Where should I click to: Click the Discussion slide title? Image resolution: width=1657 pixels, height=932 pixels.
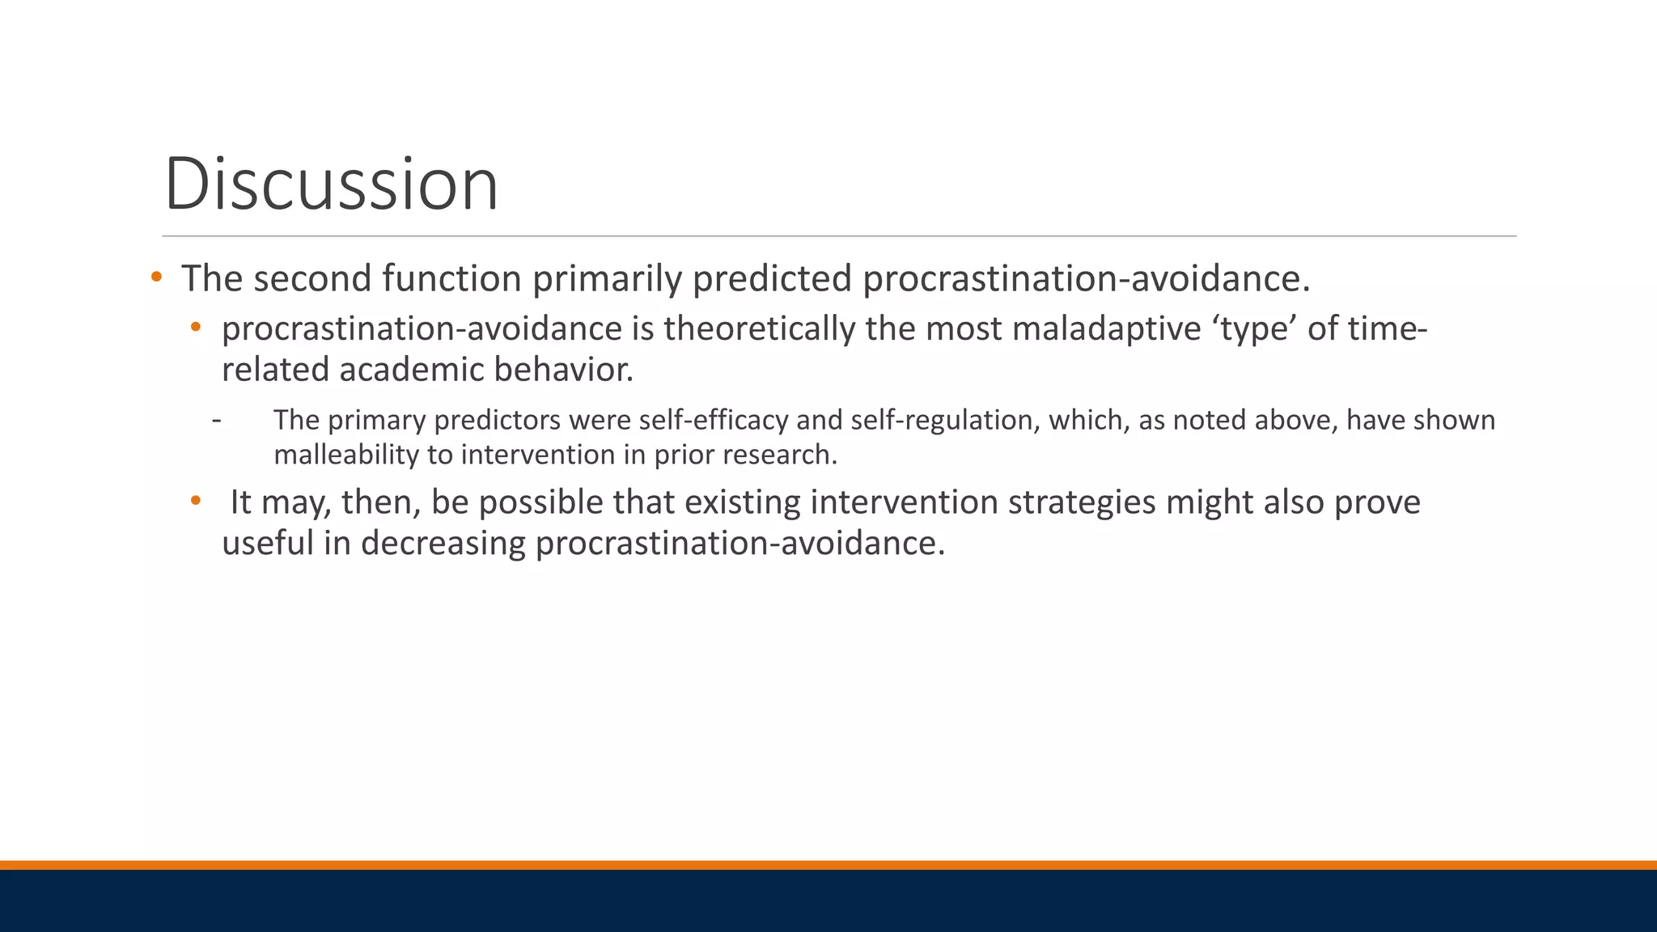click(331, 184)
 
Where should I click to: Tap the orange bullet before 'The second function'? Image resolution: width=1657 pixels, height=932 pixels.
click(156, 277)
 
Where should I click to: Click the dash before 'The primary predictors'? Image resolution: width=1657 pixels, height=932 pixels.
click(216, 420)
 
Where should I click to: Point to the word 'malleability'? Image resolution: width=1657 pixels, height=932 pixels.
click(345, 455)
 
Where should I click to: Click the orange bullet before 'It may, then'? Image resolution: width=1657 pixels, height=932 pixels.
click(195, 501)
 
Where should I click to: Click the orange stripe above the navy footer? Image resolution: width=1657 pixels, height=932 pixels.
click(828, 865)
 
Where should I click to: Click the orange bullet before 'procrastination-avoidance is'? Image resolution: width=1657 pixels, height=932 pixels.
click(195, 328)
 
